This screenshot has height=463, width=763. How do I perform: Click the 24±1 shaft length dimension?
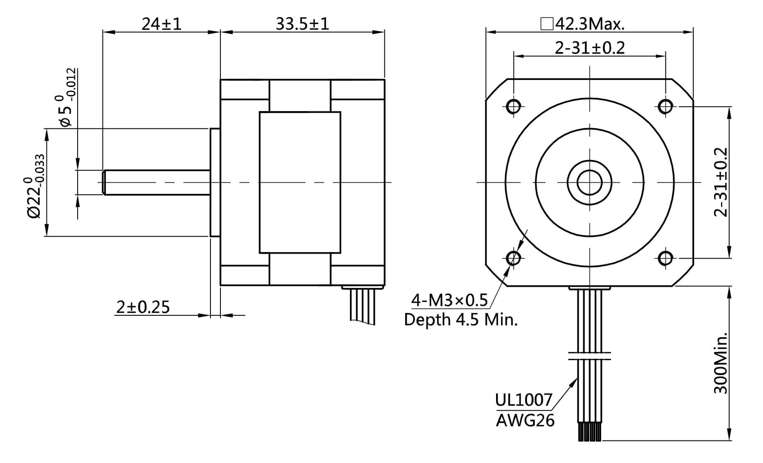point(161,24)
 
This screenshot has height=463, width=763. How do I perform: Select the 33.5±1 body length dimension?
point(302,24)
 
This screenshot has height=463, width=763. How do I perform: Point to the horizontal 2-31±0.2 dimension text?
point(589,48)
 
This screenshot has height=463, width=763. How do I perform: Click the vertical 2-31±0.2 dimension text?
point(721,182)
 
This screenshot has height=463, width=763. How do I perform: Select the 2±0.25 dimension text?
point(143,307)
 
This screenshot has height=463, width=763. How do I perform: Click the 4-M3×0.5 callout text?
point(449,300)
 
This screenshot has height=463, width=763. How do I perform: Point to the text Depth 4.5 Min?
point(461,320)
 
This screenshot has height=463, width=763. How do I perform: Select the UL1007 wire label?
point(523,400)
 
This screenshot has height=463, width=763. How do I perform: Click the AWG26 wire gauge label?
point(525,421)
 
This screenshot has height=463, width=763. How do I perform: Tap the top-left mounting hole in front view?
point(514,107)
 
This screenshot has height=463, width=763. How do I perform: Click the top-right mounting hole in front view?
point(665,107)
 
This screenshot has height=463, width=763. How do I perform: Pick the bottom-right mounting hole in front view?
point(665,258)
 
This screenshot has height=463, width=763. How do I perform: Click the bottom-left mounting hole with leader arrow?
point(514,258)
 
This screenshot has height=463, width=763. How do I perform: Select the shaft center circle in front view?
point(589,182)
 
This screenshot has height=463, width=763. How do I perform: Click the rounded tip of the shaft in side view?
point(104,182)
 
